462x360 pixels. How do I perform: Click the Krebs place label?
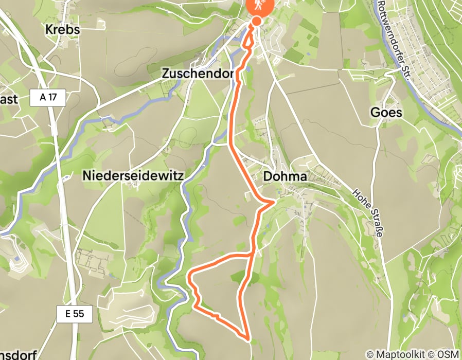pos(63,29)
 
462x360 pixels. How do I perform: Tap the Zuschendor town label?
pos(198,74)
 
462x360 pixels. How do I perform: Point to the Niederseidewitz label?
pos(133,176)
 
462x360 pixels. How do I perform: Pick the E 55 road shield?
pos(75,313)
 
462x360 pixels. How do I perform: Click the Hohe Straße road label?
pos(369,212)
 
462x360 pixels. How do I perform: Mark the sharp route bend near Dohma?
pos(273,203)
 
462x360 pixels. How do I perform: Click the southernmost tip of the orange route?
pos(250,339)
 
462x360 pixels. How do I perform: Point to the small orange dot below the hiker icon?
pos(256,21)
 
